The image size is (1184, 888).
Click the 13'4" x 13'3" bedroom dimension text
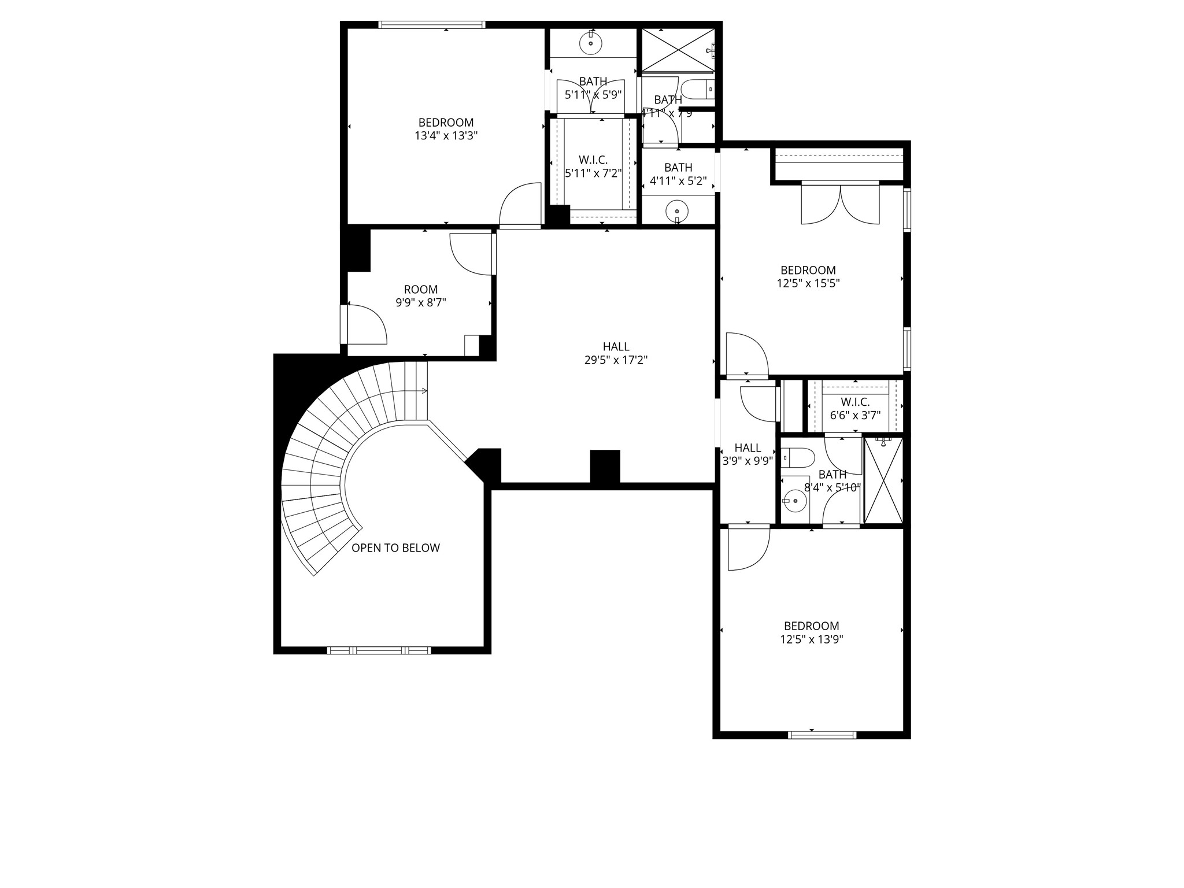pyautogui.click(x=446, y=136)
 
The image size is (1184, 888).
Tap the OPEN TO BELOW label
pyautogui.click(x=395, y=548)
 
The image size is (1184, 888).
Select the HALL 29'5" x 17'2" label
pyautogui.click(x=616, y=353)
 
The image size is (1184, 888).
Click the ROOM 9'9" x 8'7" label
pyautogui.click(x=420, y=295)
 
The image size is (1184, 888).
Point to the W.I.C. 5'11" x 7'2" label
pyautogui.click(x=593, y=166)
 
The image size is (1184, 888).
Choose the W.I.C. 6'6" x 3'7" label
pyautogui.click(x=855, y=408)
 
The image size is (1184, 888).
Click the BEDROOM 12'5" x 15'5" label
pyautogui.click(x=808, y=276)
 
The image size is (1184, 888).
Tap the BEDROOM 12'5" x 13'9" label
pyautogui.click(x=811, y=632)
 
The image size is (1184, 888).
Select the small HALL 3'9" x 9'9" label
pyautogui.click(x=748, y=454)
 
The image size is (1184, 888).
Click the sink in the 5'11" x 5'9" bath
pyautogui.click(x=591, y=42)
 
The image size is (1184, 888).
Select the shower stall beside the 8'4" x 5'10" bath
pyautogui.click(x=882, y=480)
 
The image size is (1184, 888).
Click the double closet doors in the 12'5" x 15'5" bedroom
pyautogui.click(x=839, y=203)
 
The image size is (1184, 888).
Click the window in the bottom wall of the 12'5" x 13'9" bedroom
pyautogui.click(x=822, y=735)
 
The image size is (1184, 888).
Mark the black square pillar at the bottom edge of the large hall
pyautogui.click(x=605, y=466)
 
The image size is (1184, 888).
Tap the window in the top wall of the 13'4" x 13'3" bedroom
pyautogui.click(x=431, y=24)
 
